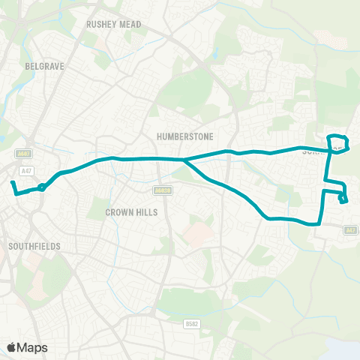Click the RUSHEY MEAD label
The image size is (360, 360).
point(113,24)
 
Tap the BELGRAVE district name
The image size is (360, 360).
point(45,66)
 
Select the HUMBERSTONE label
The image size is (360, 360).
point(185,136)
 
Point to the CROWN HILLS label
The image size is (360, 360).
point(132,212)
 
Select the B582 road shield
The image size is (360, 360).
point(192,323)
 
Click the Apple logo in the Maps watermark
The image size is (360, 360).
point(12,347)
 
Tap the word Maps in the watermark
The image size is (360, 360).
point(33,347)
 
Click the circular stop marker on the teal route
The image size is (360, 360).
point(42,187)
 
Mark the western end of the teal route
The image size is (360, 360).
point(12,182)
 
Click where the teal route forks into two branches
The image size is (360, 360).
point(184,159)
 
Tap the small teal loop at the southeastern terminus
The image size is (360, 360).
point(343,199)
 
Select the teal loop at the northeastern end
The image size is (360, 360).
point(338,142)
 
